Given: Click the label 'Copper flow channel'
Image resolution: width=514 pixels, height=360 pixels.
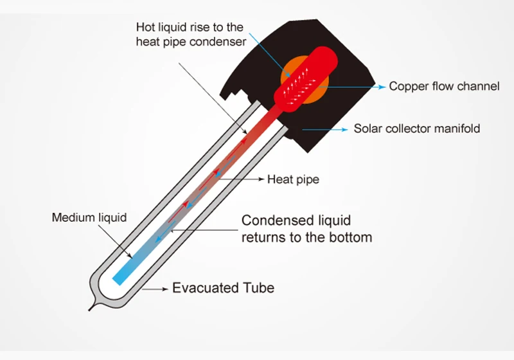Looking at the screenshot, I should pyautogui.click(x=444, y=86).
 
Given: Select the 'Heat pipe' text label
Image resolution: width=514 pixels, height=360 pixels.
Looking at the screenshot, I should pyautogui.click(x=293, y=179).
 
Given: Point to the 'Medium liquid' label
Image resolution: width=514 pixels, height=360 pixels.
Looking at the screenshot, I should pyautogui.click(x=89, y=218).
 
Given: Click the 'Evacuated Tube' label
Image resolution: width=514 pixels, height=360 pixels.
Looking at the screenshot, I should pyautogui.click(x=223, y=287).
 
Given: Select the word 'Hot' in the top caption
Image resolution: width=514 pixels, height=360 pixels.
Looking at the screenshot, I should pyautogui.click(x=145, y=28).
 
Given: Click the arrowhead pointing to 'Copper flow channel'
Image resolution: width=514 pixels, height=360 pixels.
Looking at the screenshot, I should pyautogui.click(x=383, y=86).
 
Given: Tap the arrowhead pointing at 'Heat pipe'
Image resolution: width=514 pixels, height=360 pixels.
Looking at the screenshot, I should pyautogui.click(x=260, y=179).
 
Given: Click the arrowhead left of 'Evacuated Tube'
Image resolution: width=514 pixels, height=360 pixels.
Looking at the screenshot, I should pyautogui.click(x=164, y=289).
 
